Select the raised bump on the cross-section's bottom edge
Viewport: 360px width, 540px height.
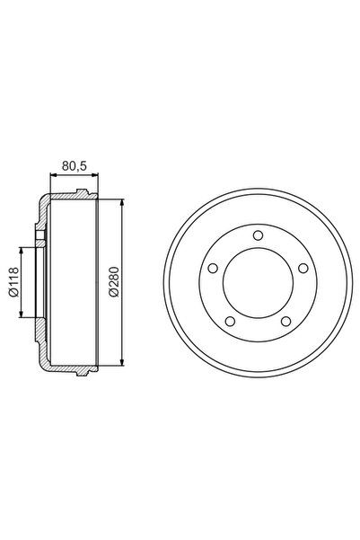83,371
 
